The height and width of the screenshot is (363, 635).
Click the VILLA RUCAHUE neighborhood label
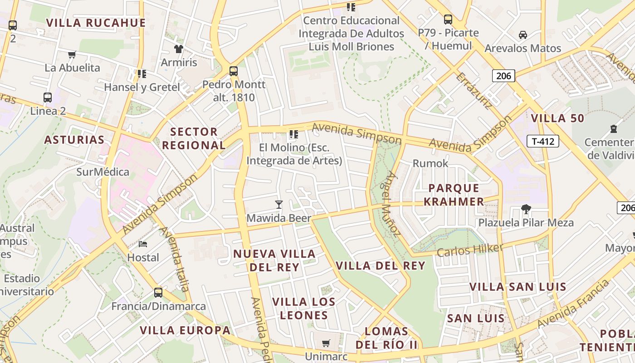96,23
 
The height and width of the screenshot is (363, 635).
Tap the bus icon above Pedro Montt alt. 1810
234,71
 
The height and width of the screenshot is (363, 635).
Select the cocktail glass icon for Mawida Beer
279,205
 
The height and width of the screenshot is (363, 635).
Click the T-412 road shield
542,141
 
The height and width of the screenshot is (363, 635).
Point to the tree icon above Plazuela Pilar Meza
526,209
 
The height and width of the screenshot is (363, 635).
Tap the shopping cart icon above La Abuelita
72,55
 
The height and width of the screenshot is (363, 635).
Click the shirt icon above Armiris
178,49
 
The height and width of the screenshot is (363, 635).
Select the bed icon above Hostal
143,244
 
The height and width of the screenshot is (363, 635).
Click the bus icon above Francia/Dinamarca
158,293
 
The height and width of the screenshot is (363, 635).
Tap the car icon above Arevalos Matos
523,35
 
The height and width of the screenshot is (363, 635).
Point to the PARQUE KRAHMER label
454,195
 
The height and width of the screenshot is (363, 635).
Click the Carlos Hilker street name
469,250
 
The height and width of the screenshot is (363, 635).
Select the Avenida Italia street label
175,259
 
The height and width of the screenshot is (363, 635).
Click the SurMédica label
103,172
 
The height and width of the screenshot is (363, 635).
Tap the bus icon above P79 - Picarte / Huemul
448,20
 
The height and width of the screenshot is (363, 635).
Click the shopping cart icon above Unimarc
326,343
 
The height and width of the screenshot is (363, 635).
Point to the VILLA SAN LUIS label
518,287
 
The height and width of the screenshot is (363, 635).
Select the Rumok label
430,163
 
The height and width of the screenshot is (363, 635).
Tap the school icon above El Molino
294,134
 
